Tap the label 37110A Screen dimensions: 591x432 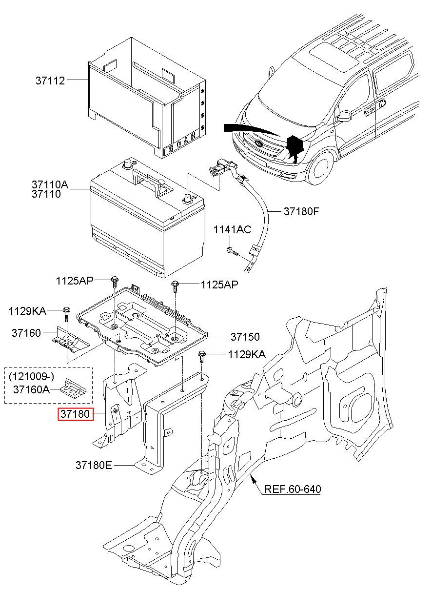tap(50, 185)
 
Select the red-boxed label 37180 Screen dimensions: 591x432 tap(75, 414)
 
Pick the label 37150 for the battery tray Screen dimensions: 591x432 tap(245, 337)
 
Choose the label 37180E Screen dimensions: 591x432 tap(94, 466)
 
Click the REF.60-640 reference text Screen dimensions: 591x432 tap(293, 489)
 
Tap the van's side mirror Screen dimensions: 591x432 tap(344, 116)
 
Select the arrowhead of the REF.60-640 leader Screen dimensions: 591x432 tap(253, 480)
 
